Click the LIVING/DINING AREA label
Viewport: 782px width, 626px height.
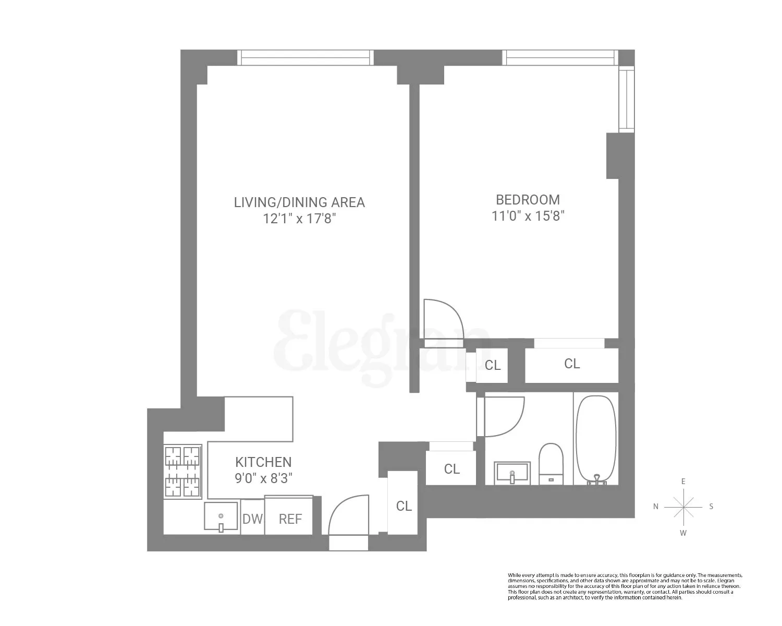pos(299,202)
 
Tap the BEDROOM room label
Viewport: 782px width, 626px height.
pos(528,200)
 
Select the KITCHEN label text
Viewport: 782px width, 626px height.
pos(263,462)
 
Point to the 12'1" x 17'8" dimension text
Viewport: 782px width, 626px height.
pos(299,219)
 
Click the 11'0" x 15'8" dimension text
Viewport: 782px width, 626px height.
pos(528,216)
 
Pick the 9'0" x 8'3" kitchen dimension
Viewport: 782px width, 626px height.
pos(263,478)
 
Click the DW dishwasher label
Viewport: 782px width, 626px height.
pos(253,519)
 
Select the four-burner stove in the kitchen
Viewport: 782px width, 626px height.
pos(183,472)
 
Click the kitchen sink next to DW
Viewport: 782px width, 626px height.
pos(221,516)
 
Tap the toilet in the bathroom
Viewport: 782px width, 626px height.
pos(551,462)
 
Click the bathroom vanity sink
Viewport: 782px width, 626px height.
pos(512,472)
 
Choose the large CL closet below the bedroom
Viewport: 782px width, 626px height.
pos(571,364)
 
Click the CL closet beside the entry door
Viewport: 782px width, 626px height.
pos(403,505)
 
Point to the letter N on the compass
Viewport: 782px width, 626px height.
pos(656,507)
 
